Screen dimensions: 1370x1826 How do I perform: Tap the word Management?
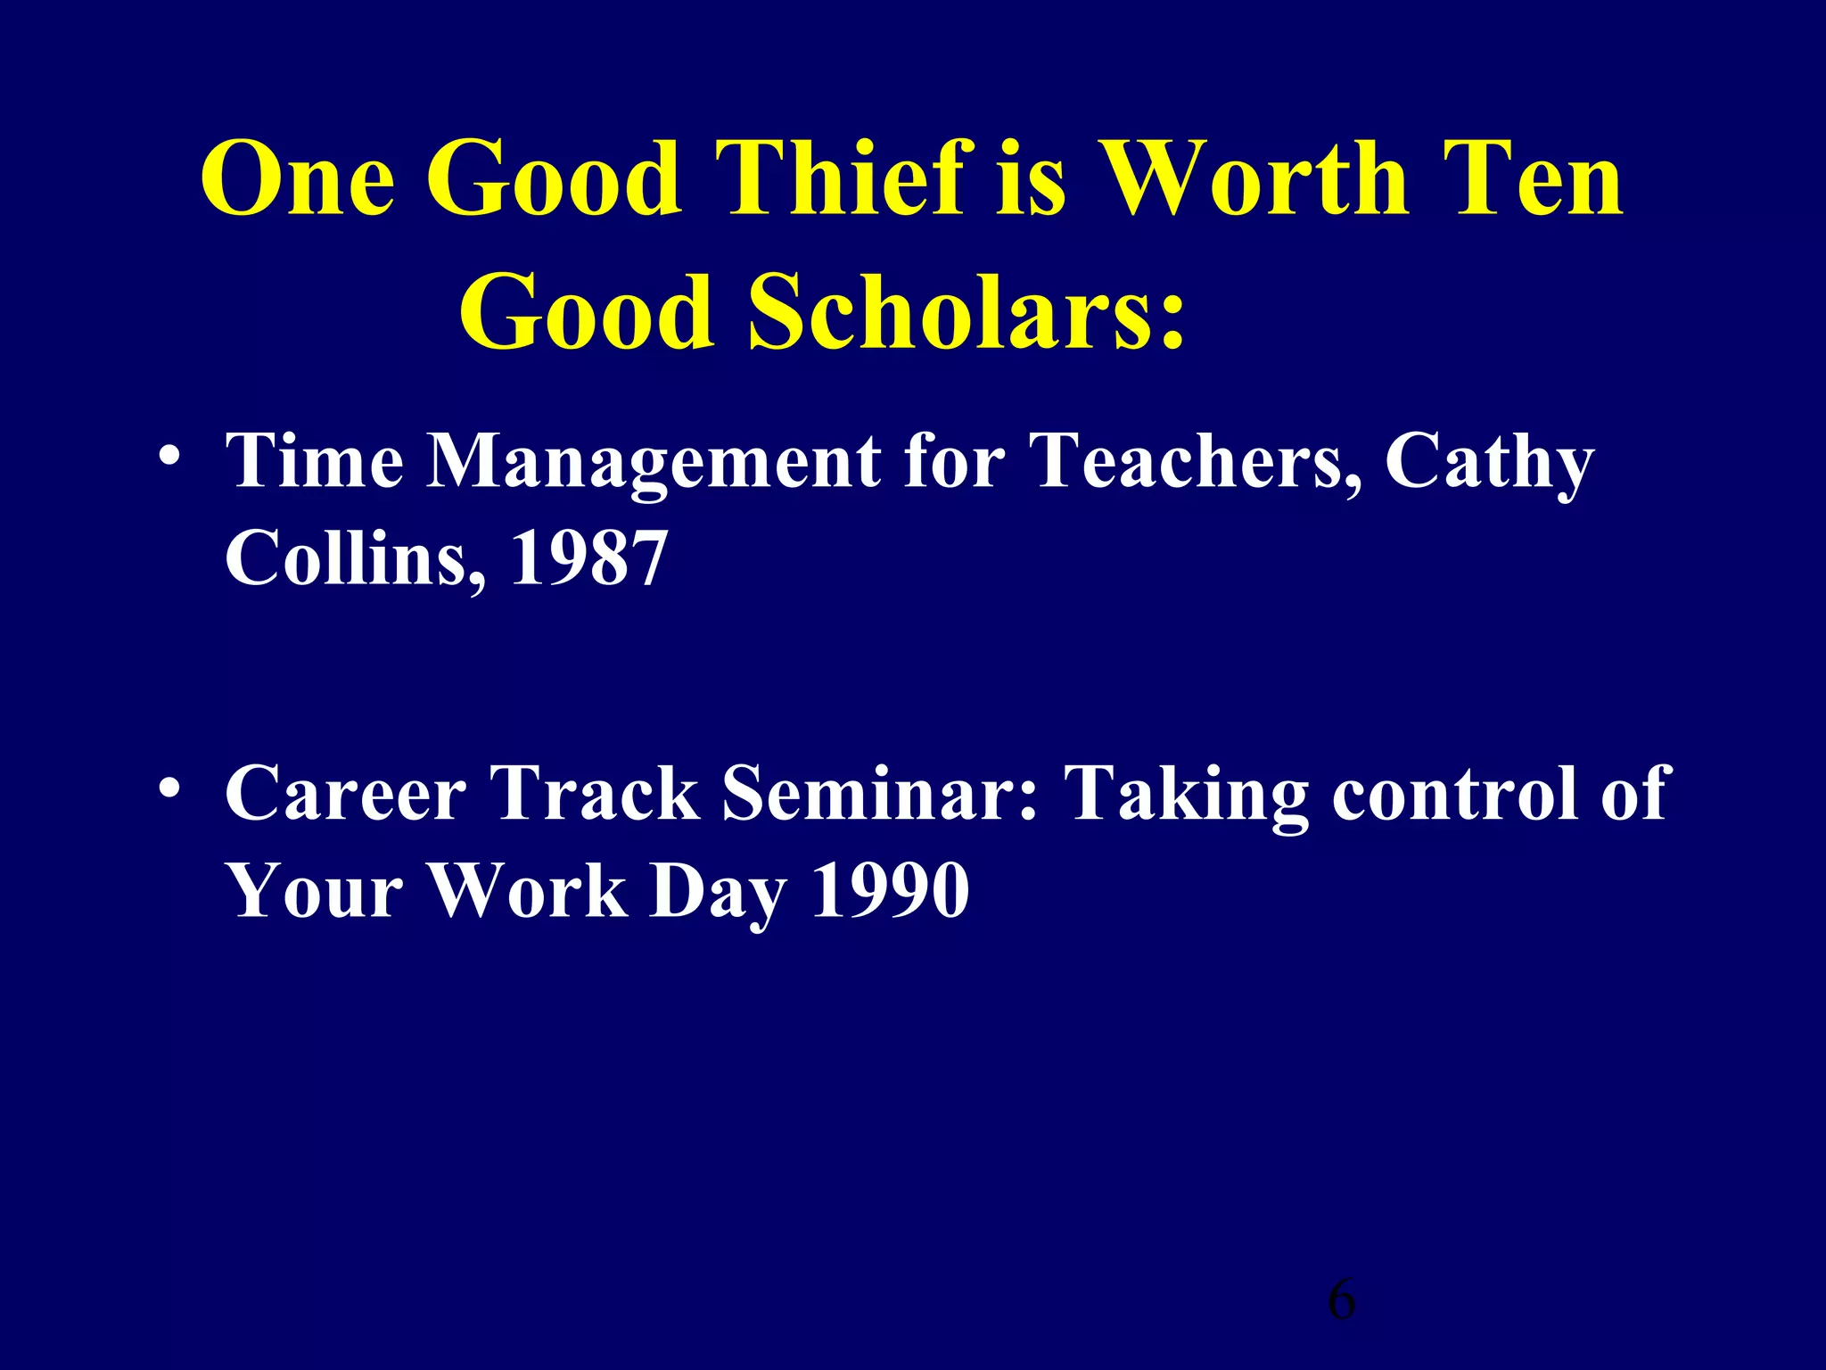653,461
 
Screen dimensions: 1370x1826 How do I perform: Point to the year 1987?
588,558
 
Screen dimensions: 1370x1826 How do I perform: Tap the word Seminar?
880,794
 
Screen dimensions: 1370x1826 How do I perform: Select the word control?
1458,794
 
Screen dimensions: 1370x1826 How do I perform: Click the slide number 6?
1341,1300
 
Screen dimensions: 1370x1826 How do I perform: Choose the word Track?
595,794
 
